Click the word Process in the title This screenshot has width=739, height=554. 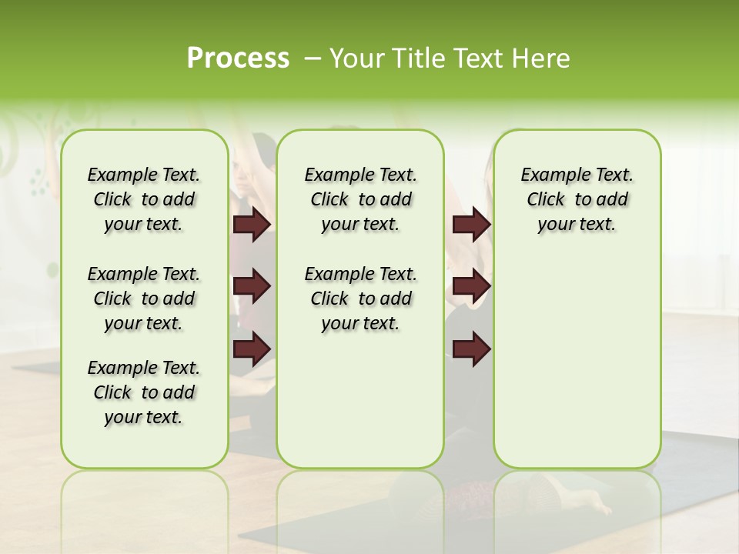pyautogui.click(x=238, y=58)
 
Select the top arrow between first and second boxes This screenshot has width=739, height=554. pyautogui.click(x=252, y=225)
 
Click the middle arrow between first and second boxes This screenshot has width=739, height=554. pyautogui.click(x=252, y=287)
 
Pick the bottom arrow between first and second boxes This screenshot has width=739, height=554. pyautogui.click(x=252, y=349)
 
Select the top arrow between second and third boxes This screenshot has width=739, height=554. pyautogui.click(x=471, y=225)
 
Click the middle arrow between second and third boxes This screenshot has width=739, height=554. pyautogui.click(x=471, y=287)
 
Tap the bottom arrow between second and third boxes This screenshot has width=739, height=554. pyautogui.click(x=471, y=349)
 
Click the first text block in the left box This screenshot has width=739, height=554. pyautogui.click(x=144, y=199)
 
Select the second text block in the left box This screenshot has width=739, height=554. pyautogui.click(x=144, y=299)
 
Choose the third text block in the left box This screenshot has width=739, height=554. pyautogui.click(x=144, y=392)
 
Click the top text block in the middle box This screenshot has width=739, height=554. pyautogui.click(x=360, y=199)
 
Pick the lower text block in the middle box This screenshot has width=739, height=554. pyautogui.click(x=360, y=299)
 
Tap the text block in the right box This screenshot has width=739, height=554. pyautogui.click(x=577, y=199)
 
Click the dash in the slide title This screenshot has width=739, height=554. pyautogui.click(x=312, y=58)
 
